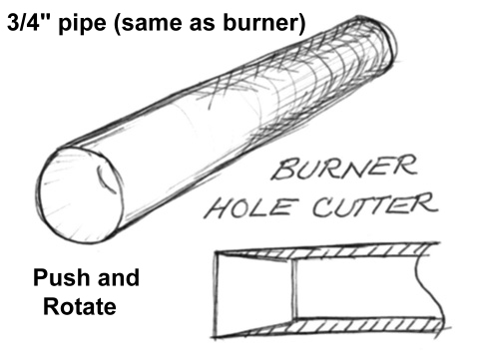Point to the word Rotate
click(x=80, y=306)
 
